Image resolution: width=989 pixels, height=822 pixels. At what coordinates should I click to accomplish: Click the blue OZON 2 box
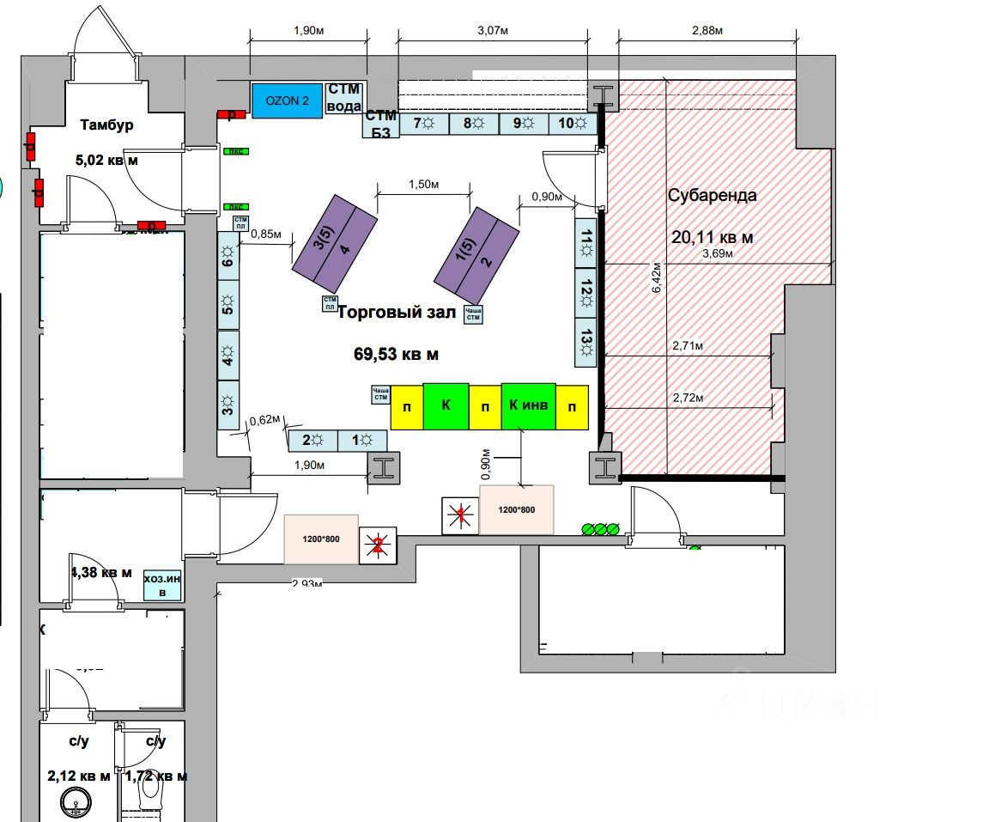tap(287, 100)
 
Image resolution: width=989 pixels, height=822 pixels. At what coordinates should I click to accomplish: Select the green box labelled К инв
tap(528, 405)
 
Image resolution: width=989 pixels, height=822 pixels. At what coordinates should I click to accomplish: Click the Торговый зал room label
tap(396, 313)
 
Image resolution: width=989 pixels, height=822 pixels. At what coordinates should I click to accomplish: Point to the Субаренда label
tap(713, 195)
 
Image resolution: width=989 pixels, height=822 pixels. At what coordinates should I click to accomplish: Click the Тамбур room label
tap(106, 125)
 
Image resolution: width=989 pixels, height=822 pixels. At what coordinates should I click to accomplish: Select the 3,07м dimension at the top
tap(493, 31)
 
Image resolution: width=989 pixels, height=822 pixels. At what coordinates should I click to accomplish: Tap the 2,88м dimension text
tap(707, 31)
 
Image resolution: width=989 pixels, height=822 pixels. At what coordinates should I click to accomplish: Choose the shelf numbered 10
tap(573, 124)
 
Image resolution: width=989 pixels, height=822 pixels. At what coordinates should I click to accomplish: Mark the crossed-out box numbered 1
tap(460, 515)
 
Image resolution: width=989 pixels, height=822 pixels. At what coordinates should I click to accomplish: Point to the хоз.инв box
tap(163, 586)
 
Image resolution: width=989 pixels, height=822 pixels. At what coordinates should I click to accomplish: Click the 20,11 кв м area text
tap(712, 237)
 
